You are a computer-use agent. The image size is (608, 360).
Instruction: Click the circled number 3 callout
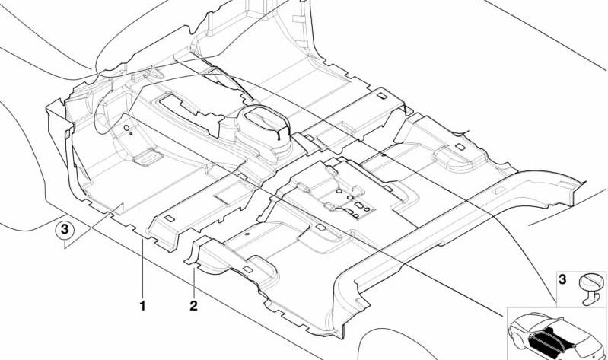(x=65, y=230)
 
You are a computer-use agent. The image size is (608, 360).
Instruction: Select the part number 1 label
(x=143, y=306)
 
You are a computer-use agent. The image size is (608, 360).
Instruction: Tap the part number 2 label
(x=193, y=306)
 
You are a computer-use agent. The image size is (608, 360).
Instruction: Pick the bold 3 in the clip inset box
(x=562, y=279)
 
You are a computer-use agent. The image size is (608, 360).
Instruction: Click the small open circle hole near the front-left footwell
(x=126, y=128)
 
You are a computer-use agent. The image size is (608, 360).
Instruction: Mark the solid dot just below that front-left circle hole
(x=131, y=134)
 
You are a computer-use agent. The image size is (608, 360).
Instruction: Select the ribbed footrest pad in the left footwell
(x=148, y=158)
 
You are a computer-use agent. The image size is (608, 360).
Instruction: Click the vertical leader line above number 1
(x=143, y=269)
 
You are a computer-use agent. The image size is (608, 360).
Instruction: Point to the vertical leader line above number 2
(x=193, y=282)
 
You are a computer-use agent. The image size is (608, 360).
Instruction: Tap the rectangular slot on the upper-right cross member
(x=381, y=95)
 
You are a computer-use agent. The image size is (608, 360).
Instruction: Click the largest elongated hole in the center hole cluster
(x=359, y=205)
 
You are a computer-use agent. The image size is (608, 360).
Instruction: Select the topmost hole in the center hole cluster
(x=339, y=191)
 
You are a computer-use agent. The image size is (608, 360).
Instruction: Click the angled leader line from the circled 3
(x=94, y=225)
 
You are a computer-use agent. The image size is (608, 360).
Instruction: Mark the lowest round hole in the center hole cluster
(x=355, y=215)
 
